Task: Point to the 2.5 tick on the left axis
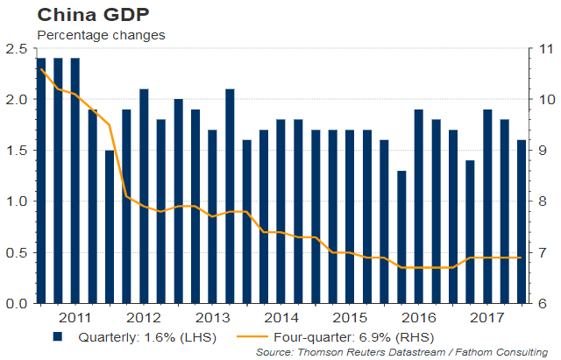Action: pos(15,48)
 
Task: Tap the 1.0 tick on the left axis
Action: pos(15,201)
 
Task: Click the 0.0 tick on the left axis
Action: pos(15,303)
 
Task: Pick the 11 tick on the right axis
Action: pos(543,48)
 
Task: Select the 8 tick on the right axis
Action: pos(541,201)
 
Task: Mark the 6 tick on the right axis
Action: pos(541,303)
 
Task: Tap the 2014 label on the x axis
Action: pos(281,317)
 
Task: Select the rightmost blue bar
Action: pos(522,222)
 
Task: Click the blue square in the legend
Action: pos(58,335)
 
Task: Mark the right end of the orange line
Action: pos(522,258)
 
